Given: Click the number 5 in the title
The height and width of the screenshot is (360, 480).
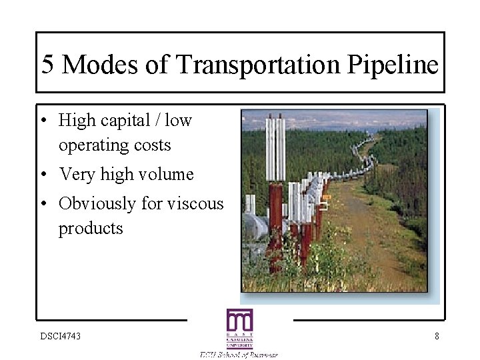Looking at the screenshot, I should tap(47, 65).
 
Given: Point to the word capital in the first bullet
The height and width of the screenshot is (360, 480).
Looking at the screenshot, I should tap(123, 121).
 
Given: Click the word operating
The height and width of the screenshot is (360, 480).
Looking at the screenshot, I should tap(95, 145).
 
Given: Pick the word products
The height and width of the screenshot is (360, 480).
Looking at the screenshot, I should tap(91, 229).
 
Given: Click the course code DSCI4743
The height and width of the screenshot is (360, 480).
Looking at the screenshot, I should tap(61, 336).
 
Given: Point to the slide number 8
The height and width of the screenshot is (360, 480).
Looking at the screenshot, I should tap(437, 336).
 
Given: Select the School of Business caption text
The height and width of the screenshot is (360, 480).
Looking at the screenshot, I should tap(239, 354).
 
